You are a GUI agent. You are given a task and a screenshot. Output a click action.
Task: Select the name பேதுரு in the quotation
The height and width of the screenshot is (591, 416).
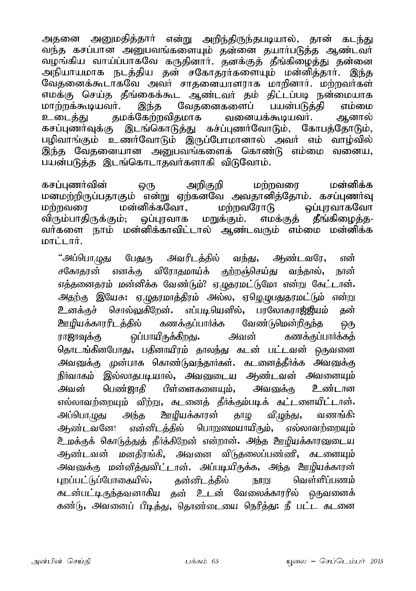[x=139, y=259]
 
